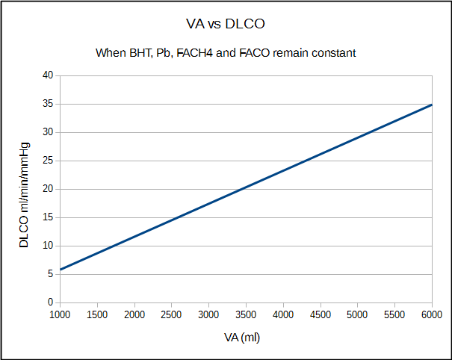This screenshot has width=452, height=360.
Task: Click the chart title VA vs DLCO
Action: (226, 25)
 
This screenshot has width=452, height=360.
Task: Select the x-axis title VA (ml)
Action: (242, 338)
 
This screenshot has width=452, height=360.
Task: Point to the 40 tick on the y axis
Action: (47, 75)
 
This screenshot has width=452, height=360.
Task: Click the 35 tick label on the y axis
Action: (47, 104)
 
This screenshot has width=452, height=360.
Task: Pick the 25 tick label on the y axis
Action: (47, 161)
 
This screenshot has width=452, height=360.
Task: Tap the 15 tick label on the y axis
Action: (47, 217)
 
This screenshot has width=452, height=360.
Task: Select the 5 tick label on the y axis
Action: (49, 274)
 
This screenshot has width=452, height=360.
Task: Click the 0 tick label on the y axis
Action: (49, 302)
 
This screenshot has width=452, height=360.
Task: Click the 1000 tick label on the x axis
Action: (60, 315)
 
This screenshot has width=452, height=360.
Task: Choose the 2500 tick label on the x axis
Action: (171, 315)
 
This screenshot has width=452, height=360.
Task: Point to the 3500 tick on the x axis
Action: (246, 315)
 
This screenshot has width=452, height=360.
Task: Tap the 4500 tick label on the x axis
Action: (321, 315)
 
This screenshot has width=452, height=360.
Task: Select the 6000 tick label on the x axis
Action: (432, 315)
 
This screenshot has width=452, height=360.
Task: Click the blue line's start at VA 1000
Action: (60, 270)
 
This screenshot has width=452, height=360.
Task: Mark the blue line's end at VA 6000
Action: (432, 105)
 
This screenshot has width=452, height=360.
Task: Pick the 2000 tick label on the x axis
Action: (134, 315)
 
